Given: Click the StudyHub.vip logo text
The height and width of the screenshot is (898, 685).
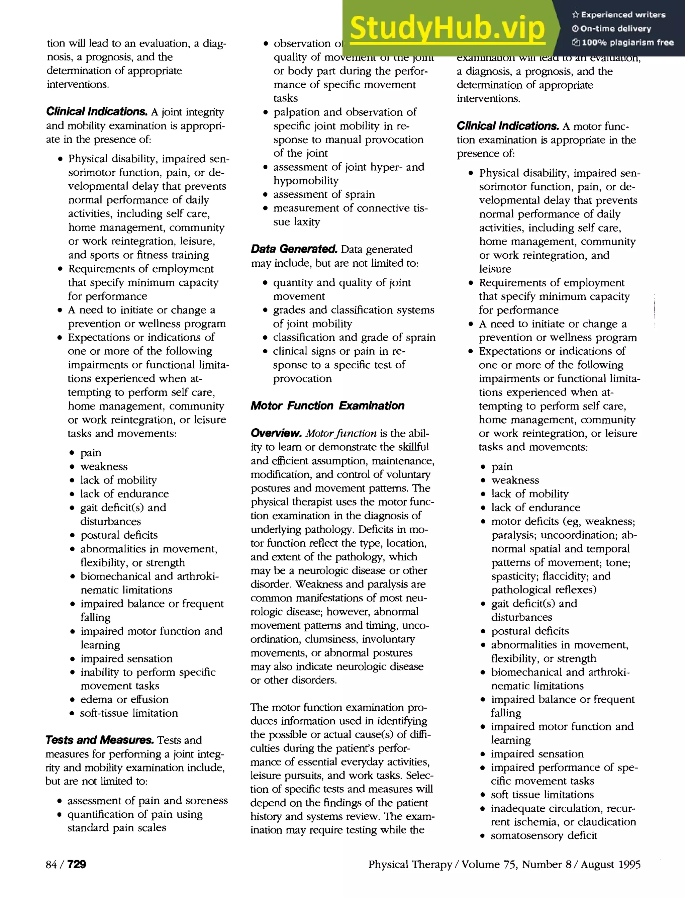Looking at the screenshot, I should point(447,28).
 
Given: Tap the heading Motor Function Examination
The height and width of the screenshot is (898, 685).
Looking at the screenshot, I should point(327,406).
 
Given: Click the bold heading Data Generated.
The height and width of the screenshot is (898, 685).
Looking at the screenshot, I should point(294,249).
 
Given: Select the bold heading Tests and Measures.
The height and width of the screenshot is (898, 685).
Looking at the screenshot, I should point(99,740).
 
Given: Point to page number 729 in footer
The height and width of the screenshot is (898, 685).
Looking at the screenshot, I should point(76,864).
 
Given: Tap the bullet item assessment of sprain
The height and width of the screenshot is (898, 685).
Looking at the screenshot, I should point(324,194).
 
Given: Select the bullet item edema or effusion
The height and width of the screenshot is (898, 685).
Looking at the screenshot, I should point(124,699).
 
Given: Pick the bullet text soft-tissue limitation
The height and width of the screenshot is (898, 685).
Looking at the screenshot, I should point(129,713).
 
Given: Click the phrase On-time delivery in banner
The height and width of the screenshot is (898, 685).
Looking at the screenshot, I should point(615,28).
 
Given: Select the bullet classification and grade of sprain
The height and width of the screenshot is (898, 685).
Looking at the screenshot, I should point(354,337).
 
